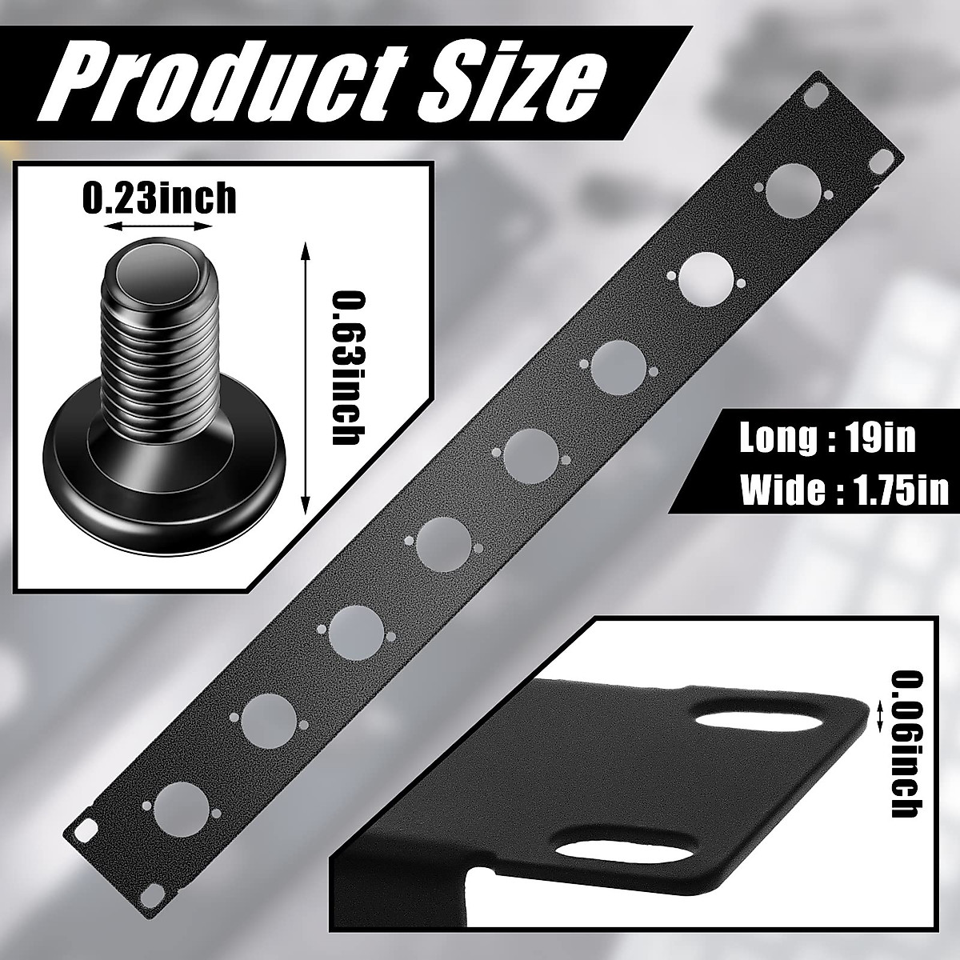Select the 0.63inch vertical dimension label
(x=346, y=368)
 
